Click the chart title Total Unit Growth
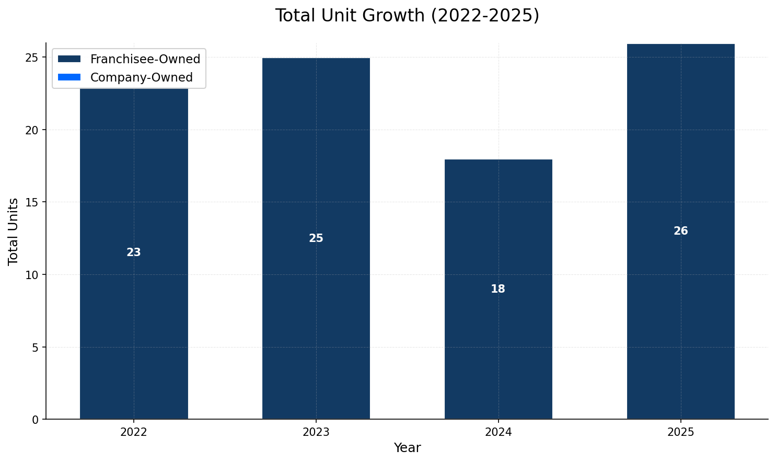[407, 16]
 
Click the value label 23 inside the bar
[134, 252]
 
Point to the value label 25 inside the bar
[316, 238]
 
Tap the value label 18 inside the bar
[498, 289]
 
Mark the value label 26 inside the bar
[680, 231]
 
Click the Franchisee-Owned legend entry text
[145, 59]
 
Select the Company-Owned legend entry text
[142, 77]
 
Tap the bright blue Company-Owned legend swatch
[69, 77]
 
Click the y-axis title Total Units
[14, 231]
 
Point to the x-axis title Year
[407, 448]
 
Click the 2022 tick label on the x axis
[134, 432]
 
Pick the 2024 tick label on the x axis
[498, 432]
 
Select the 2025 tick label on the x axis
[680, 432]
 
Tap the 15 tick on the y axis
[32, 202]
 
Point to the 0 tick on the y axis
[35, 419]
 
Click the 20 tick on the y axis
[32, 130]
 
